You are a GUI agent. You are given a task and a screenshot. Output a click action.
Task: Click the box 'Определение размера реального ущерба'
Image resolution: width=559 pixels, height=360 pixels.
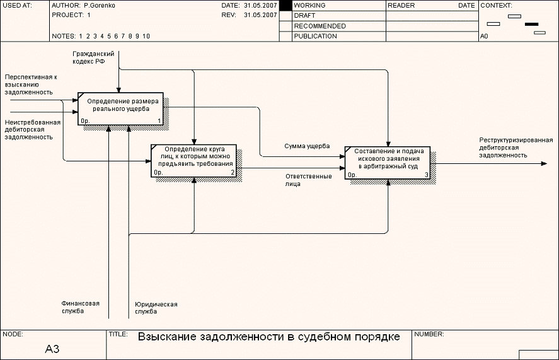tap(120, 108)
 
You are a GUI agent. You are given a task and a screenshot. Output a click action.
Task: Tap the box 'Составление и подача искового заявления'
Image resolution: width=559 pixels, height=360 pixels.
tap(388, 163)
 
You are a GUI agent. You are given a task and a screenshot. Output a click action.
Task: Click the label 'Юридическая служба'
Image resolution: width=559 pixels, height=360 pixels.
tap(156, 308)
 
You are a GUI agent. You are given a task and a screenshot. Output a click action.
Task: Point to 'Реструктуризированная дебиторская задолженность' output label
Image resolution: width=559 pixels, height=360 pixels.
tap(516, 147)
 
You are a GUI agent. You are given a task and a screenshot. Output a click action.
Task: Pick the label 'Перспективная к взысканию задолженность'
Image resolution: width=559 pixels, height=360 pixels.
tap(30, 84)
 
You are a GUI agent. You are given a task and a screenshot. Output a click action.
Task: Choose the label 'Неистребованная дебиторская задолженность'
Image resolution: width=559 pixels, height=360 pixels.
tap(32, 129)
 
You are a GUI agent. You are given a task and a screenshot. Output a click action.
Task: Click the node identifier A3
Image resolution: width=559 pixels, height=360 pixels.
tap(52, 349)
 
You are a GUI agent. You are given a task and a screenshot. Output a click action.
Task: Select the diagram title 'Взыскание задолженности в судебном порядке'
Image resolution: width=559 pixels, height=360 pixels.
tap(269, 337)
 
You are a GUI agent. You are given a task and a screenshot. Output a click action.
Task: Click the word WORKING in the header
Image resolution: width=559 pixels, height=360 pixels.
tap(309, 5)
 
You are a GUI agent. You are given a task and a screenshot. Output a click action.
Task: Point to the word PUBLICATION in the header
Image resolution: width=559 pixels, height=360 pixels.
tap(315, 36)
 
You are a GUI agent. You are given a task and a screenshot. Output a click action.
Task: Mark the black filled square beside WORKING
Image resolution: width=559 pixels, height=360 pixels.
tap(285, 6)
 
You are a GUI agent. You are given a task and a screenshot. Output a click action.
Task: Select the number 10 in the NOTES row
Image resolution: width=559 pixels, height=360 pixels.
tap(146, 36)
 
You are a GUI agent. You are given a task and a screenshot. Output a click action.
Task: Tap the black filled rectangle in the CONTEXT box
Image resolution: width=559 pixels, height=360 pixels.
tap(532, 24)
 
